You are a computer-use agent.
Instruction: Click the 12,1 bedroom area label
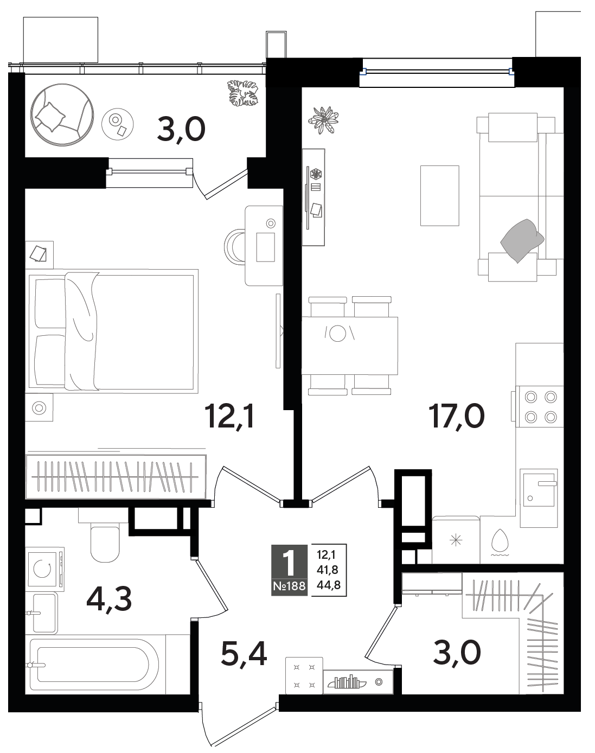(230, 416)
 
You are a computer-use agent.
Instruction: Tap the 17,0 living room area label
(457, 416)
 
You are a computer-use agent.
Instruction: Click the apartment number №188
(289, 586)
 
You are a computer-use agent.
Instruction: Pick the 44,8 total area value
(329, 585)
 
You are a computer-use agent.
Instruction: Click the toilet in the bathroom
(105, 535)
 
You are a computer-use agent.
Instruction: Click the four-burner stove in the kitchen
(540, 406)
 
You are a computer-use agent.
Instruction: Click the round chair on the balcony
(62, 114)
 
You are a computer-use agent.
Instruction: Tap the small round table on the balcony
(118, 124)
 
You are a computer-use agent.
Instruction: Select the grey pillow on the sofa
(522, 240)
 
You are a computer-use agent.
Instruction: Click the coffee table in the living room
(440, 196)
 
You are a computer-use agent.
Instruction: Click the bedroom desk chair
(234, 247)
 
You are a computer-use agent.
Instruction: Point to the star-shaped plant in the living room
(323, 120)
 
